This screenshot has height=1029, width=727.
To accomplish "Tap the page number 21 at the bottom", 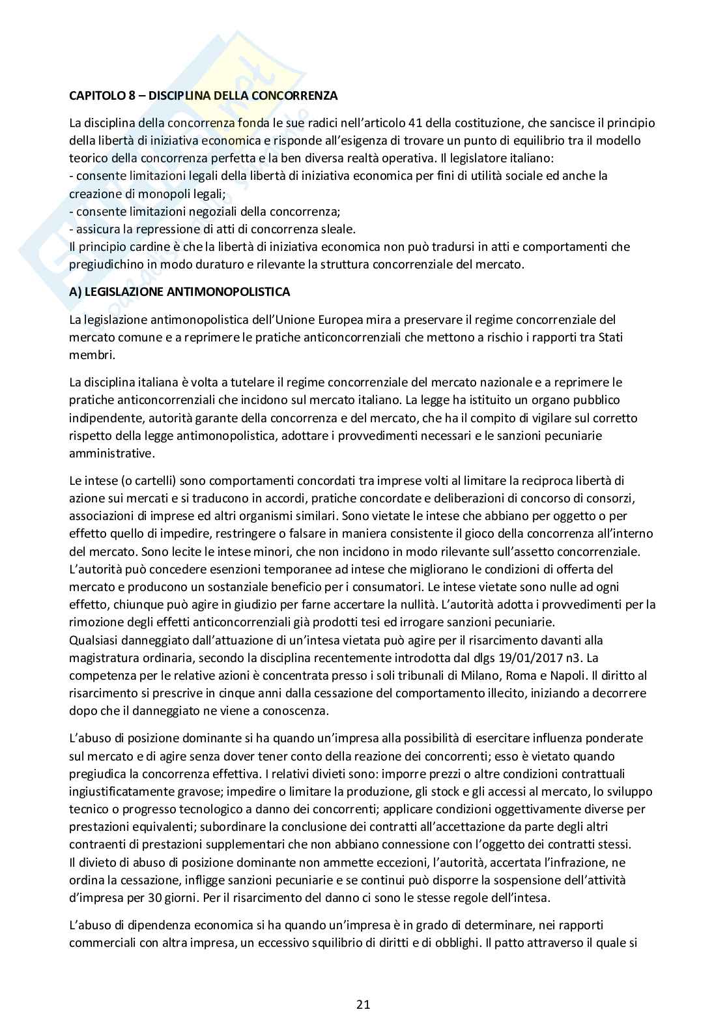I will point(363,1004).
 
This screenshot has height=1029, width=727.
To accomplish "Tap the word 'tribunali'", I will point(436,676).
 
